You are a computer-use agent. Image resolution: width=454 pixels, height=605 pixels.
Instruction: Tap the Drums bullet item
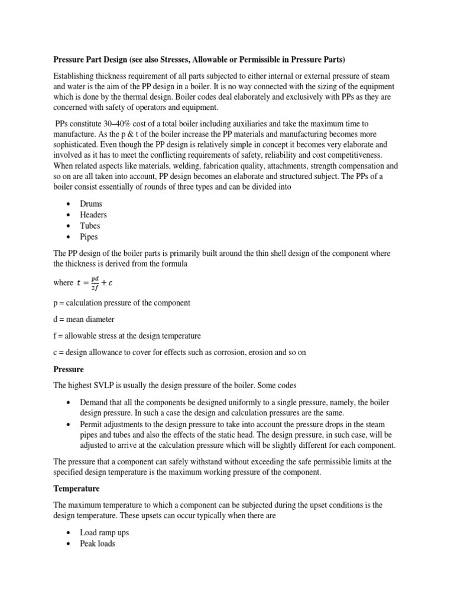pos(91,204)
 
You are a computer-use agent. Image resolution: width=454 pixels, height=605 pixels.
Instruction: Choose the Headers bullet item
pos(93,215)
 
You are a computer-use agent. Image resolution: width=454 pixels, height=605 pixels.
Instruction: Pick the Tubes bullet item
pos(90,226)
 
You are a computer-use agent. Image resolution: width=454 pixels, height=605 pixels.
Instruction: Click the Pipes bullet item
pos(90,237)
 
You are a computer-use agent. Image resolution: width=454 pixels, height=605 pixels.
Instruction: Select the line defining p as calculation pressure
pos(122,302)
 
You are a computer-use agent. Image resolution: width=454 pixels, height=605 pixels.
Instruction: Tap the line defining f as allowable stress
pos(127,336)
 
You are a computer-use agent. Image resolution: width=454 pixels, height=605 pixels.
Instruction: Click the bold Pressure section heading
pos(69,369)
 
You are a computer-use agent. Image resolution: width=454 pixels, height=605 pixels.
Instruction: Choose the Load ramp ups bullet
pos(105,532)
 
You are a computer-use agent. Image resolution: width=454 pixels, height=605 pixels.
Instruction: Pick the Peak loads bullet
pos(98,543)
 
